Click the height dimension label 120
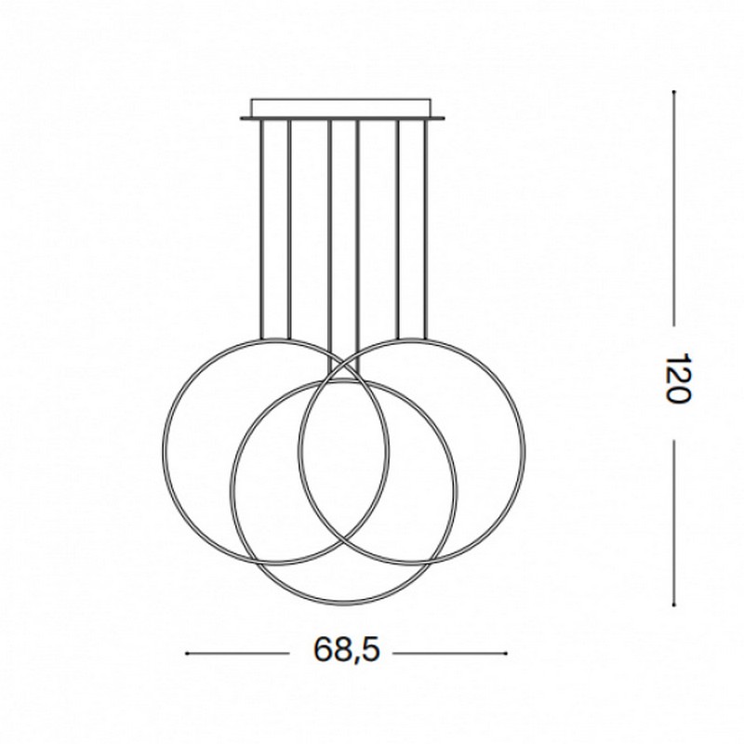pyautogui.click(x=679, y=377)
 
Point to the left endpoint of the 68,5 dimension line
pyautogui.click(x=187, y=653)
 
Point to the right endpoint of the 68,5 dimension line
pyautogui.click(x=507, y=653)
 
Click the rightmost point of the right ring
pyautogui.click(x=525, y=450)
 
